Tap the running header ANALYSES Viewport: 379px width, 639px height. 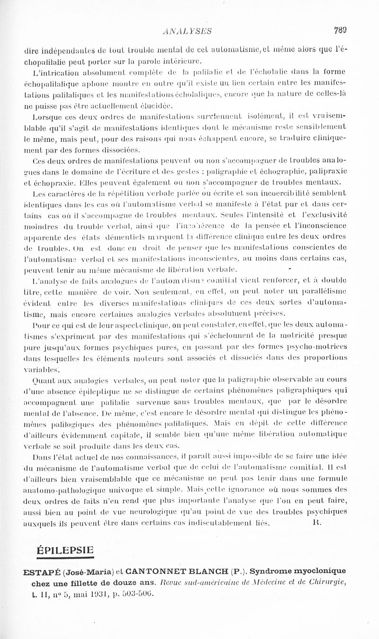click(x=187, y=32)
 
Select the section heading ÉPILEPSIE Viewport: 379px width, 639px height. click(x=65, y=550)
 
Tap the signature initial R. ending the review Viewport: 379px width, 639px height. click(x=317, y=523)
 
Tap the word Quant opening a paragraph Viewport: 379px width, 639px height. click(x=41, y=380)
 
